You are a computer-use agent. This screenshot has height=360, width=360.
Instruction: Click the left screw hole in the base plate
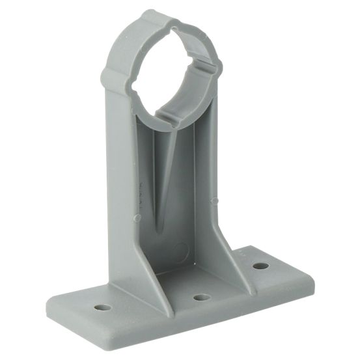[102, 306]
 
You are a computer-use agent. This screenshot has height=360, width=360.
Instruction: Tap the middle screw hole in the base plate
[202, 297]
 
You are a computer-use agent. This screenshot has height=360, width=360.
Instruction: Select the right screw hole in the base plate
[260, 266]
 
